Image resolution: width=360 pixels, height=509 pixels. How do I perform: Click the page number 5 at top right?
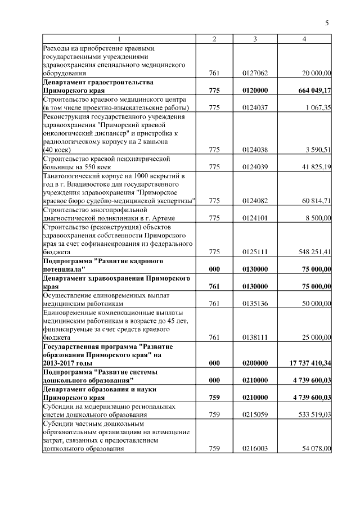tap(327, 23)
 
